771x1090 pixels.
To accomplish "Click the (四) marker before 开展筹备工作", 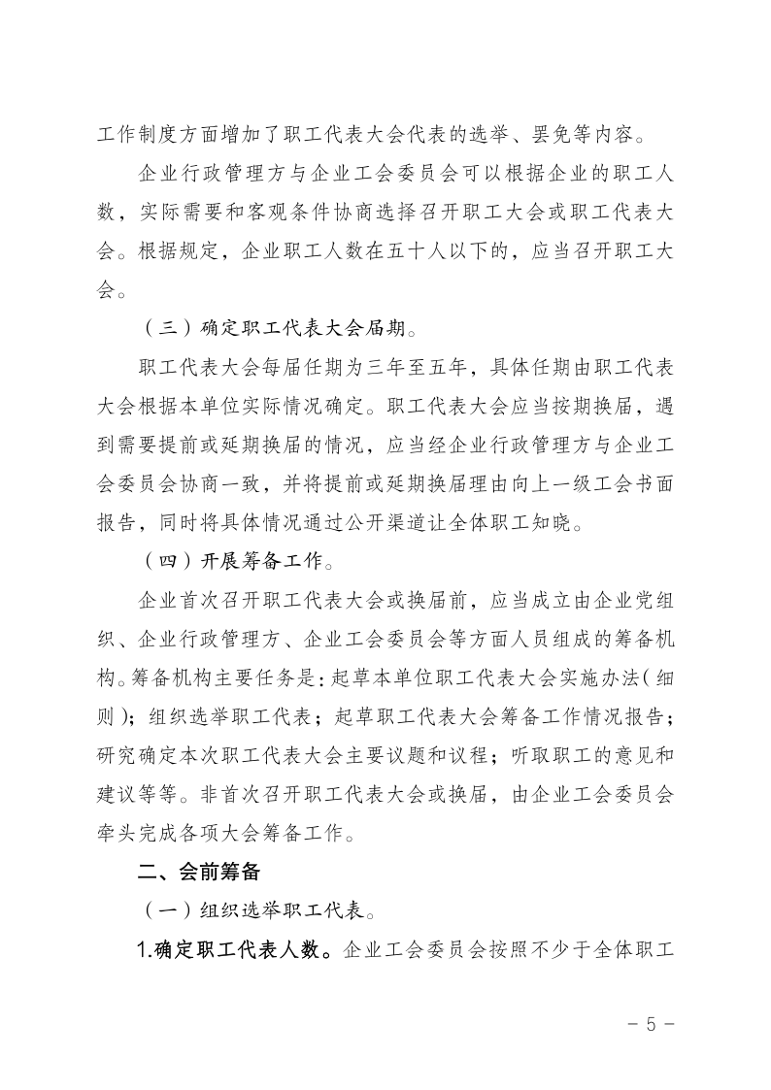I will (x=162, y=561).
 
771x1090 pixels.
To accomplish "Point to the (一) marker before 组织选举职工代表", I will (x=162, y=910).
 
